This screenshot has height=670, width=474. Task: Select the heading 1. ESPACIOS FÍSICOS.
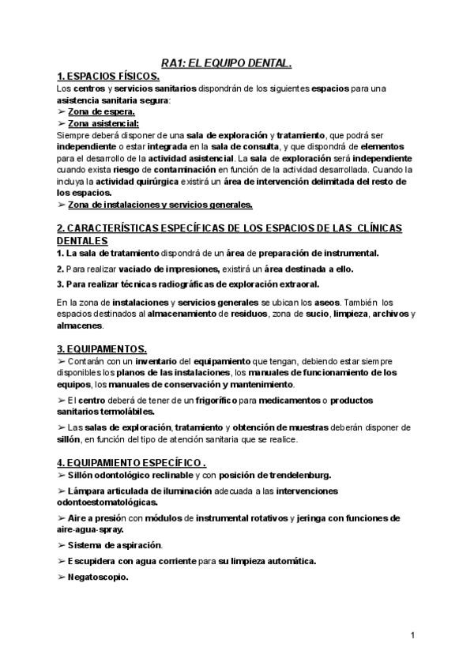(x=109, y=76)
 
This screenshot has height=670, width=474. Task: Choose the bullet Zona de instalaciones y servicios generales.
(x=160, y=205)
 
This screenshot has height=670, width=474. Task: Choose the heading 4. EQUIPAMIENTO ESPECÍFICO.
(x=133, y=462)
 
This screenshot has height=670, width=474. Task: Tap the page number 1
(x=414, y=635)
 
